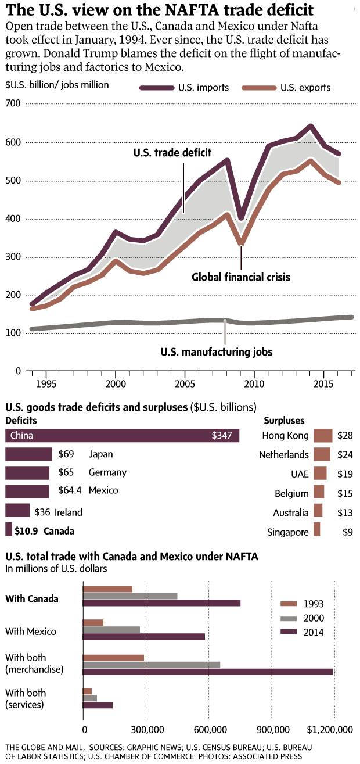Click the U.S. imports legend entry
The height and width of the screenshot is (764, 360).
(184, 88)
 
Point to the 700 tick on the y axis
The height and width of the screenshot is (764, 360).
(13, 103)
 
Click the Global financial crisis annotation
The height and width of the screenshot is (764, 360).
(241, 277)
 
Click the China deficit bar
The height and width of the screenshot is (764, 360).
(122, 435)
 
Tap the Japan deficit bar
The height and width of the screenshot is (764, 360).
(28, 454)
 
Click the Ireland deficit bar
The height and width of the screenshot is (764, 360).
(17, 511)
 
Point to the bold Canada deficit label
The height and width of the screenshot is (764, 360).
(59, 530)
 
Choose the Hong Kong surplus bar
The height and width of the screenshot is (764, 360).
(322, 436)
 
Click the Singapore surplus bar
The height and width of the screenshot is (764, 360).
(316, 529)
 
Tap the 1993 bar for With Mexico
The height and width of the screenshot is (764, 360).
(93, 623)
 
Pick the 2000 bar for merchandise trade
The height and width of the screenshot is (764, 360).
(152, 664)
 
